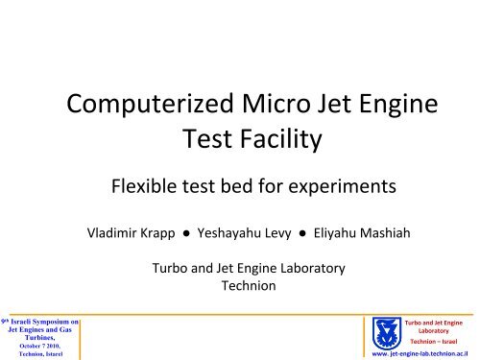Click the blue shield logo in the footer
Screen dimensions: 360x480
[x=389, y=332]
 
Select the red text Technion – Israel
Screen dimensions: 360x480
[x=440, y=340]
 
